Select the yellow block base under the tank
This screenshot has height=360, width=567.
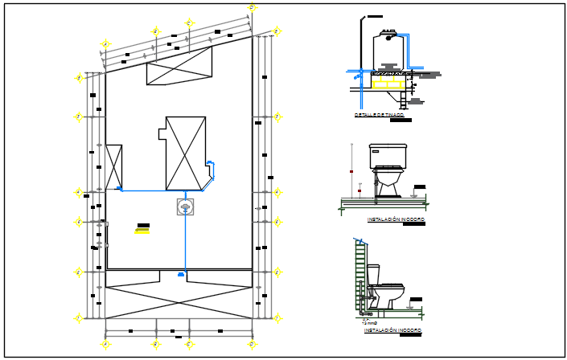(387, 82)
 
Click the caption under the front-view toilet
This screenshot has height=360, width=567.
(395, 219)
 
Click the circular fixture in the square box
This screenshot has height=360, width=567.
(186, 208)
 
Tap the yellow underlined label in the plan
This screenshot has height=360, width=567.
(142, 231)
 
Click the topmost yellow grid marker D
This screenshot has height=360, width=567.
(252, 8)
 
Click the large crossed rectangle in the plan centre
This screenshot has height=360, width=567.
(186, 153)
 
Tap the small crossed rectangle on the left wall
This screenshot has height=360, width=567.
(113, 166)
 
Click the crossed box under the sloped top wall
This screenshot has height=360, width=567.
(179, 66)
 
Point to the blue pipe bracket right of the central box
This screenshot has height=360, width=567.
(212, 170)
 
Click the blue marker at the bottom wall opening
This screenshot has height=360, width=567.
(181, 275)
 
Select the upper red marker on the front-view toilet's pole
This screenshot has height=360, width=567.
(351, 171)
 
